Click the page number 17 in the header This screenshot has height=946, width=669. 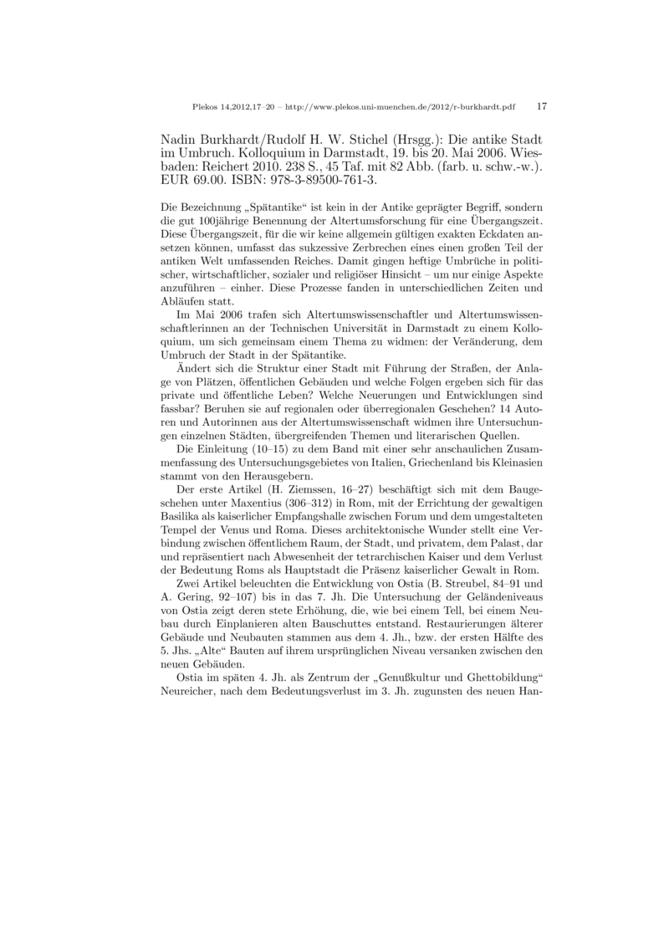tap(541, 107)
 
